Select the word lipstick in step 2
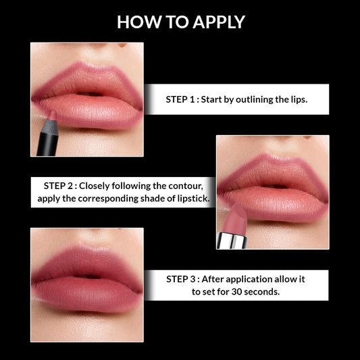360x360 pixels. point(191,199)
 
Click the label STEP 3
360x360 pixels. point(182,278)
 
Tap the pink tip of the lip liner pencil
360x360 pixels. point(53,115)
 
